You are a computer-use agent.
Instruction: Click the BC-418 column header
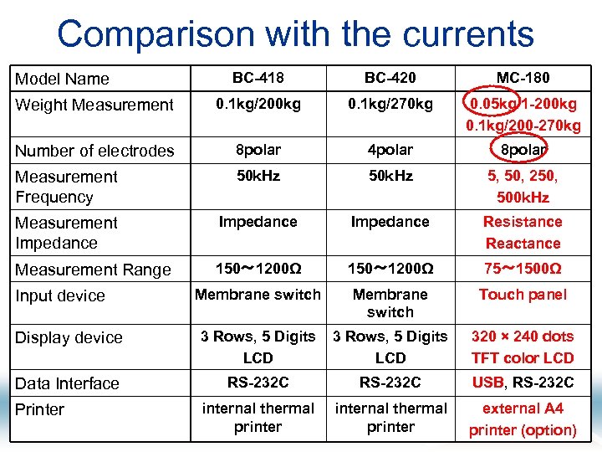tap(258, 78)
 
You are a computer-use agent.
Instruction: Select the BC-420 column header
tap(390, 78)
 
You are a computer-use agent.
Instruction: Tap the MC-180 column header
tap(523, 78)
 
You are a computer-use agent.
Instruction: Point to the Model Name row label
tap(63, 79)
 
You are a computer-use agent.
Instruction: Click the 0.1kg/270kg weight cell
tap(390, 104)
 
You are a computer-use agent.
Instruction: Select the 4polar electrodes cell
tap(390, 150)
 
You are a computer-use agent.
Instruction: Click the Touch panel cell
tap(523, 295)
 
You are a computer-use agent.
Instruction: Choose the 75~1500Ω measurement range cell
tap(523, 269)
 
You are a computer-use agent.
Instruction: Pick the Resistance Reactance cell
tap(523, 233)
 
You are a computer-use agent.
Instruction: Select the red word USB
tap(487, 383)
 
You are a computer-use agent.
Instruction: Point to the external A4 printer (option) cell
tap(523, 419)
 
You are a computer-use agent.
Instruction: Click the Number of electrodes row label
tap(94, 151)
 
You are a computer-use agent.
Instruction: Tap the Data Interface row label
tap(67, 383)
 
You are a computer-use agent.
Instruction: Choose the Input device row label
tap(60, 295)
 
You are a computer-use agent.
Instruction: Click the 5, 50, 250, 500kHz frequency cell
tap(523, 187)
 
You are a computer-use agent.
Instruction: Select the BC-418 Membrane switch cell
tap(258, 295)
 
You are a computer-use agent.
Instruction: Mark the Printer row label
tap(39, 409)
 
